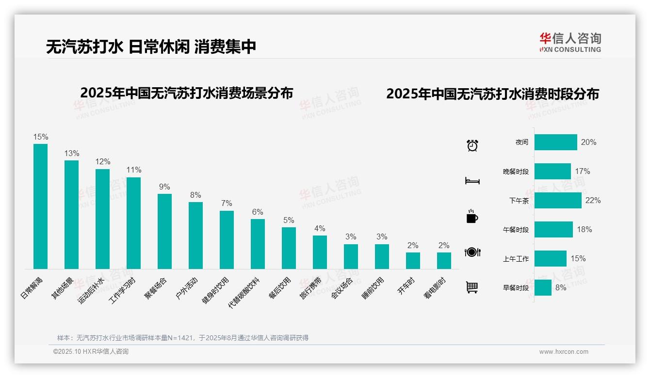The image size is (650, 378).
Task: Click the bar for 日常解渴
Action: pyautogui.click(x=40, y=206)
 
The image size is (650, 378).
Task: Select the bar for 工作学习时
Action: pyautogui.click(x=133, y=223)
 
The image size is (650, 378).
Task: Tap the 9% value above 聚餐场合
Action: pyautogui.click(x=164, y=187)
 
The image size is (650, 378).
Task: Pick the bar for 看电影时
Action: pyautogui.click(x=444, y=260)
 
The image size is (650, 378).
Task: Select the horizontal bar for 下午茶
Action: pyautogui.click(x=558, y=200)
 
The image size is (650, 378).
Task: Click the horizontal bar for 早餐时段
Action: pyautogui.click(x=543, y=287)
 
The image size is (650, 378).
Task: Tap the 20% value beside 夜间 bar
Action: pyautogui.click(x=588, y=142)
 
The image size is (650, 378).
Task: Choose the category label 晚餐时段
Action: pyautogui.click(x=516, y=172)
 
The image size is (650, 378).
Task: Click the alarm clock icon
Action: pyautogui.click(x=472, y=145)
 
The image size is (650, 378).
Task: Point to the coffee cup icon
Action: pyautogui.click(x=472, y=216)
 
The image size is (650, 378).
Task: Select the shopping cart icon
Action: pyautogui.click(x=472, y=287)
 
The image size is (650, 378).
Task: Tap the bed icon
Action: pyautogui.click(x=472, y=181)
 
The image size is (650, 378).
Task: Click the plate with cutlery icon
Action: pyautogui.click(x=472, y=252)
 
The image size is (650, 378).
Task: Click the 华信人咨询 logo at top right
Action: pyautogui.click(x=570, y=42)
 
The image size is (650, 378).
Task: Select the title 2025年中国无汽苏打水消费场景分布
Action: pyautogui.click(x=187, y=93)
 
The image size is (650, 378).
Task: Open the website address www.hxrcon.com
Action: pyautogui.click(x=564, y=352)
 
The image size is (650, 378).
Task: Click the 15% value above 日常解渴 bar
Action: pyautogui.click(x=41, y=137)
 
